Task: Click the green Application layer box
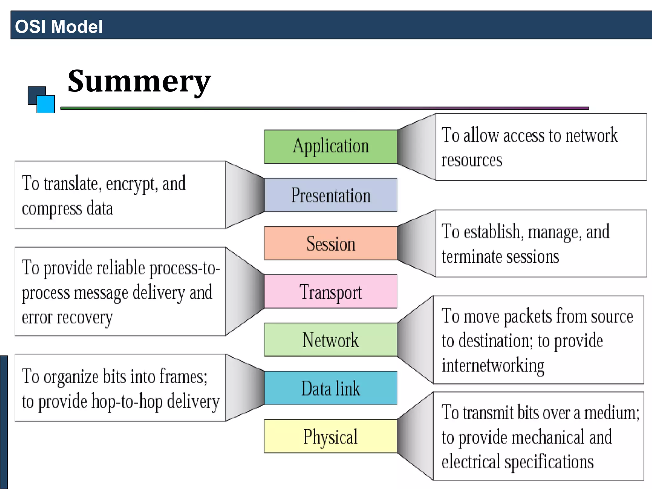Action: click(330, 146)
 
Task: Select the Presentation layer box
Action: click(330, 195)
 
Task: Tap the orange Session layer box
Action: click(330, 243)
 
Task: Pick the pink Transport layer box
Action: click(330, 292)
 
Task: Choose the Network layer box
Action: click(330, 340)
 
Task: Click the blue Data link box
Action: click(330, 388)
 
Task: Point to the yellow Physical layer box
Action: click(330, 436)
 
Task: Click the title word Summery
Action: click(139, 81)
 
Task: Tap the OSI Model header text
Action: click(59, 26)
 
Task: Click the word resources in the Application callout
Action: click(471, 160)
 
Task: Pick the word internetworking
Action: click(493, 365)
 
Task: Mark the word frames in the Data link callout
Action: click(183, 377)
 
